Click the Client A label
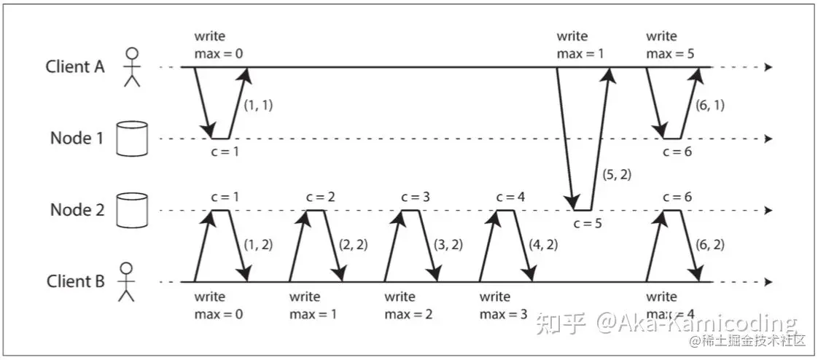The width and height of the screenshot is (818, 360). (75, 66)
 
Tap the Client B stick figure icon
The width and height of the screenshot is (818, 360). (128, 281)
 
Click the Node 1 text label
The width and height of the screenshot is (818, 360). (77, 138)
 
